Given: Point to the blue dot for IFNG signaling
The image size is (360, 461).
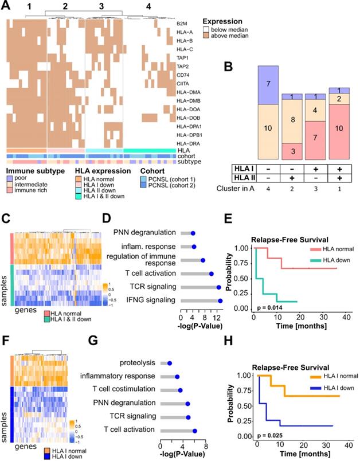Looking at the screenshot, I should coord(220,300).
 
